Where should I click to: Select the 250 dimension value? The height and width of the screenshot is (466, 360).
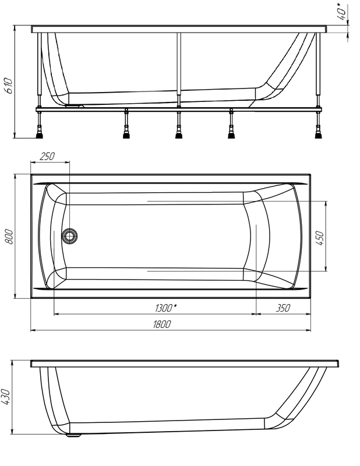coord(47,156)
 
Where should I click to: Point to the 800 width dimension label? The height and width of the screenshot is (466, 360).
coord(8,235)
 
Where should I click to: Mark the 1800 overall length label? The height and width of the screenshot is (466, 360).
coord(161,324)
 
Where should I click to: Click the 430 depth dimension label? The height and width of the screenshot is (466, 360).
coord(8,397)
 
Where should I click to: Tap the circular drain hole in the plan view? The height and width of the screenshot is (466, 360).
coord(70,236)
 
